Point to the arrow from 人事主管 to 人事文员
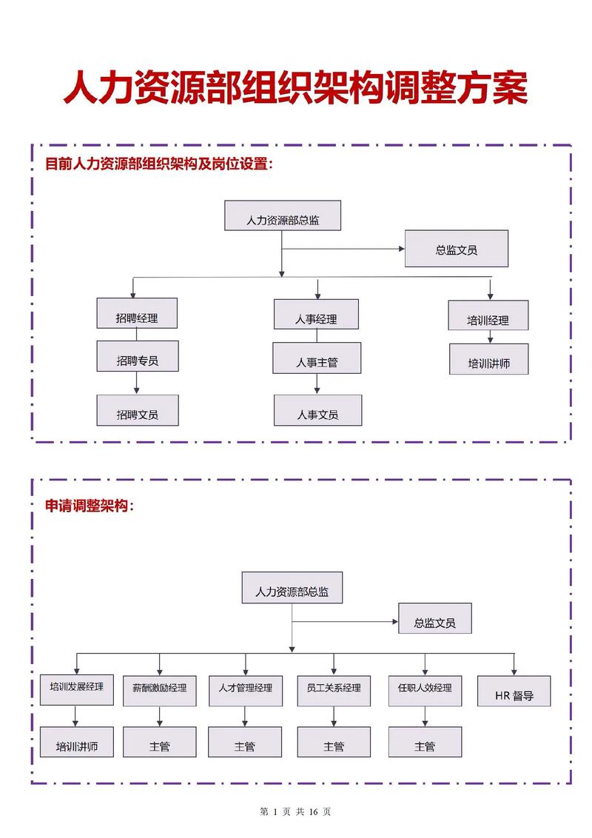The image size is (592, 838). [x=317, y=383]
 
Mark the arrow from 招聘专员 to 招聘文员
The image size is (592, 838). [x=137, y=383]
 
